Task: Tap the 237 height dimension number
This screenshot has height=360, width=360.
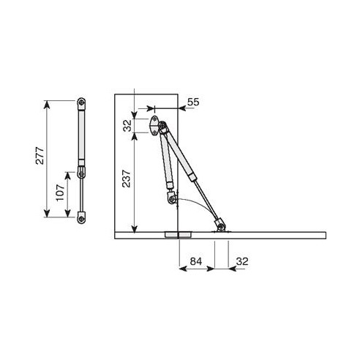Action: pos(126,179)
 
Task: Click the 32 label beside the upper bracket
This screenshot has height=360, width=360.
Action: pos(126,125)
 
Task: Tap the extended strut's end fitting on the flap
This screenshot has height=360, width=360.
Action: pos(220,225)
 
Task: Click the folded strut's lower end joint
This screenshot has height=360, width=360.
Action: pos(173,198)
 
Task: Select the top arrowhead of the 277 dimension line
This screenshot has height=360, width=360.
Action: pos(49,103)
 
